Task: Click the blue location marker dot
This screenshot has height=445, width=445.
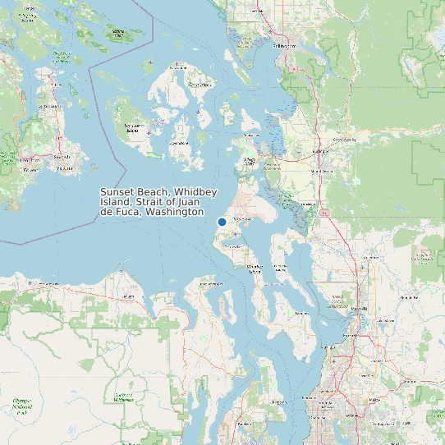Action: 222,222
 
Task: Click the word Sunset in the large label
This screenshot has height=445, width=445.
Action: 117,191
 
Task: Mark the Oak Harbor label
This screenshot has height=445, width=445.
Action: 244,220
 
